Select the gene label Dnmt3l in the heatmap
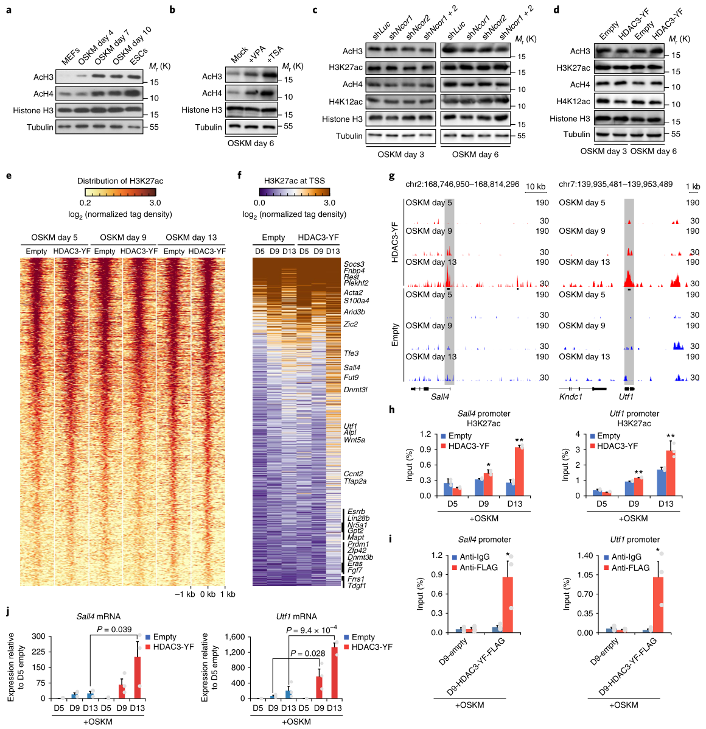[x=355, y=390]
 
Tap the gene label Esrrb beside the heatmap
[x=356, y=512]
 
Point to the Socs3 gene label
[x=354, y=264]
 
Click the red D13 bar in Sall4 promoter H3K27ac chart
[x=519, y=472]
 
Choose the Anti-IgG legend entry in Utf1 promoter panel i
[x=626, y=557]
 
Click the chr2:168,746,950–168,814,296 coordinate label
[x=462, y=184]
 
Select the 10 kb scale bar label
[x=536, y=186]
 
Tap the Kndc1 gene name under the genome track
[x=571, y=397]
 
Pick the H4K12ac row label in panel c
[x=346, y=102]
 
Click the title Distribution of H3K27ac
[x=120, y=181]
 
